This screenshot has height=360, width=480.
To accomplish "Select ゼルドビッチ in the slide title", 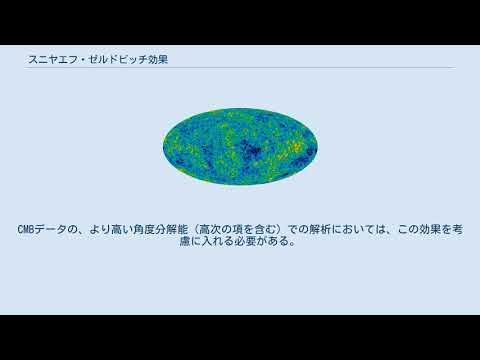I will click(114, 59).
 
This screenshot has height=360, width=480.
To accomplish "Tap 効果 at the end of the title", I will click(156, 59).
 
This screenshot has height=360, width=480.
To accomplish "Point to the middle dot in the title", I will click(79, 59).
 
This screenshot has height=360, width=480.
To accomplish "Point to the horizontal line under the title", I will click(240, 68).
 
